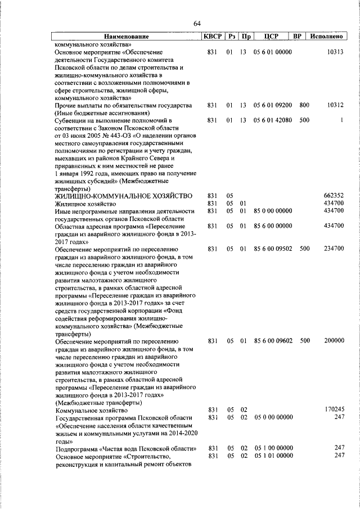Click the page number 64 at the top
pyautogui.click(x=197, y=23)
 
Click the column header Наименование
pyautogui.click(x=126, y=37)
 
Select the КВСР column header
pyautogui.click(x=213, y=37)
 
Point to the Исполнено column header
pyautogui.click(x=326, y=37)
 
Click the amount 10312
pyautogui.click(x=335, y=105)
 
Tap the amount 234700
pyautogui.click(x=334, y=249)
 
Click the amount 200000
pyautogui.click(x=334, y=340)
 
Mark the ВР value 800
pyautogui.click(x=304, y=105)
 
